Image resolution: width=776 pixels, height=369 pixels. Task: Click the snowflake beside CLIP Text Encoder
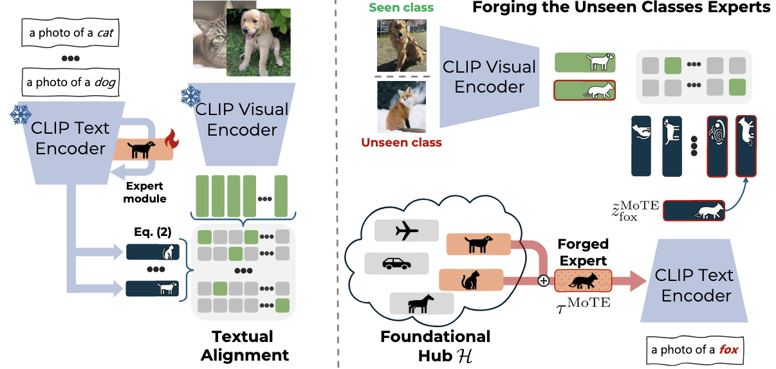click(x=19, y=116)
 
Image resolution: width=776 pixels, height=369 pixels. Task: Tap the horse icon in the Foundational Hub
click(x=421, y=303)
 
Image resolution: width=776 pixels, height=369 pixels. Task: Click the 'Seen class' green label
click(x=402, y=8)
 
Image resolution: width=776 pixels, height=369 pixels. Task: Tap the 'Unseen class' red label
click(x=402, y=143)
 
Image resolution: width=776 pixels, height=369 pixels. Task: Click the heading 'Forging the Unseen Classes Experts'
click(x=621, y=8)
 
